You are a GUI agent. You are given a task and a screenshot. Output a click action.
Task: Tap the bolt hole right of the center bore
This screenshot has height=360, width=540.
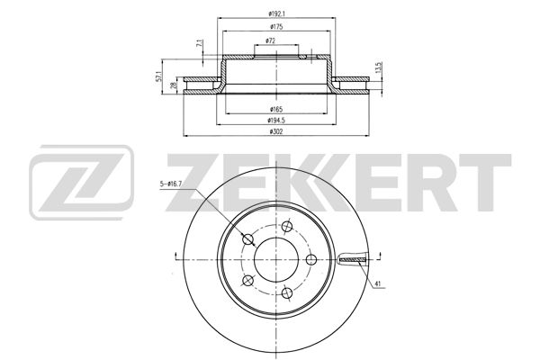312,259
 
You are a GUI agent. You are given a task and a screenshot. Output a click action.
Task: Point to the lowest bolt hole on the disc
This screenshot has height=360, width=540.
286,292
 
